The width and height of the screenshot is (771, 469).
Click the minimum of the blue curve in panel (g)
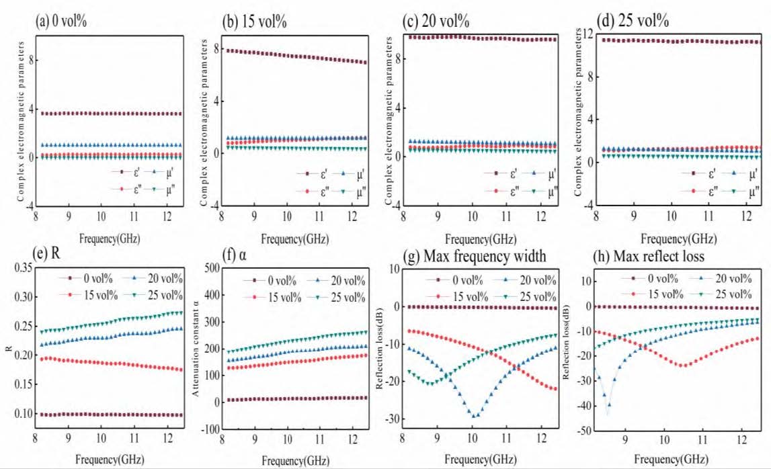(475, 416)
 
